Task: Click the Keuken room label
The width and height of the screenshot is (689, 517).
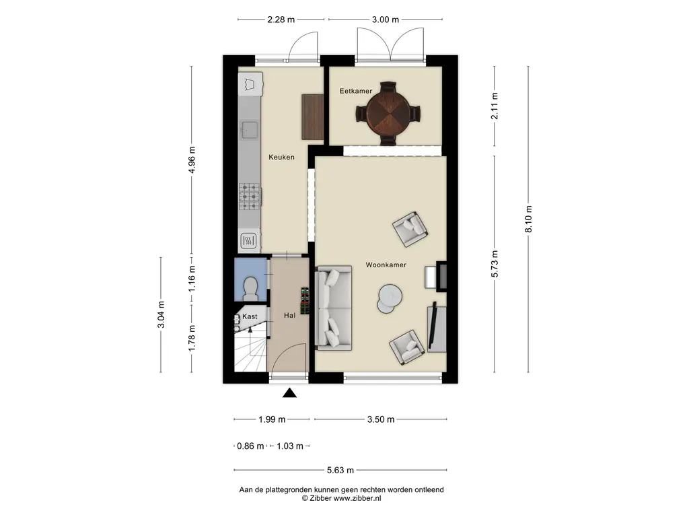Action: coord(281,157)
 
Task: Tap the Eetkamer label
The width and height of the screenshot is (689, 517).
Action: coord(355,91)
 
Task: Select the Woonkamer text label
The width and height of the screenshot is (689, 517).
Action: coord(386,265)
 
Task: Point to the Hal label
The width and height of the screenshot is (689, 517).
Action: coord(289,315)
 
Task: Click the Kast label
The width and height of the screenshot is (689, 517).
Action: coord(250,316)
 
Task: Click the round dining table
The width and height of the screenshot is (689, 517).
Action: coord(388,113)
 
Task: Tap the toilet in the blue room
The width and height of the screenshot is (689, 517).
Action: coord(250,288)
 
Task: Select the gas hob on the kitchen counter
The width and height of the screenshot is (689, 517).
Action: coord(250,196)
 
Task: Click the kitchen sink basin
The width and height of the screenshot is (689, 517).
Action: coord(250,131)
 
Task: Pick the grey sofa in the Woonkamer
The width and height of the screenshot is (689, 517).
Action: coord(334,308)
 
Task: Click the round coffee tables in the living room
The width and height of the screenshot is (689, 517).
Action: coord(389,299)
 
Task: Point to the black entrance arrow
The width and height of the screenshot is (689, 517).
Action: coord(289,392)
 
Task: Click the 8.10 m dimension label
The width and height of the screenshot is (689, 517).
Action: coord(529,219)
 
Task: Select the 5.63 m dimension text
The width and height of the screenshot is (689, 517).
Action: coord(340,470)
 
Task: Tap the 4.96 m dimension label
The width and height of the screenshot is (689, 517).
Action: coord(192,160)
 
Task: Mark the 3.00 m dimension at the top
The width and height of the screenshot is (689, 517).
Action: coord(386,20)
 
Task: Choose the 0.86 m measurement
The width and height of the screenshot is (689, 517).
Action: coord(250,446)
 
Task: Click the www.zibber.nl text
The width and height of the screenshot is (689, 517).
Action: coord(357,498)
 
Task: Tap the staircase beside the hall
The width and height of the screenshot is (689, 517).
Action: coord(251,349)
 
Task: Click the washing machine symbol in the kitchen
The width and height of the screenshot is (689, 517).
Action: coord(250,83)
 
